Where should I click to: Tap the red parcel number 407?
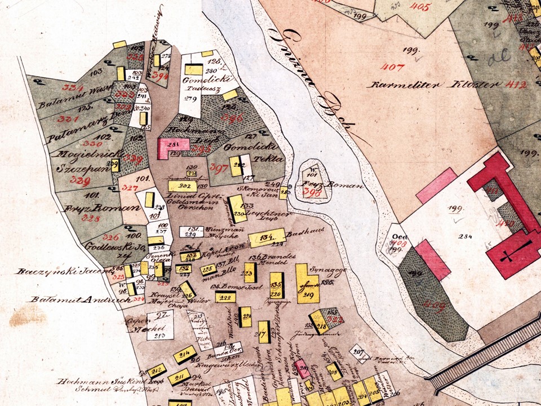[x=393, y=68]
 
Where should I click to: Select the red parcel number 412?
[x=516, y=85]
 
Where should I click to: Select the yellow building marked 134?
[x=265, y=239]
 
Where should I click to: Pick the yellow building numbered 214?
[x=184, y=354]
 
